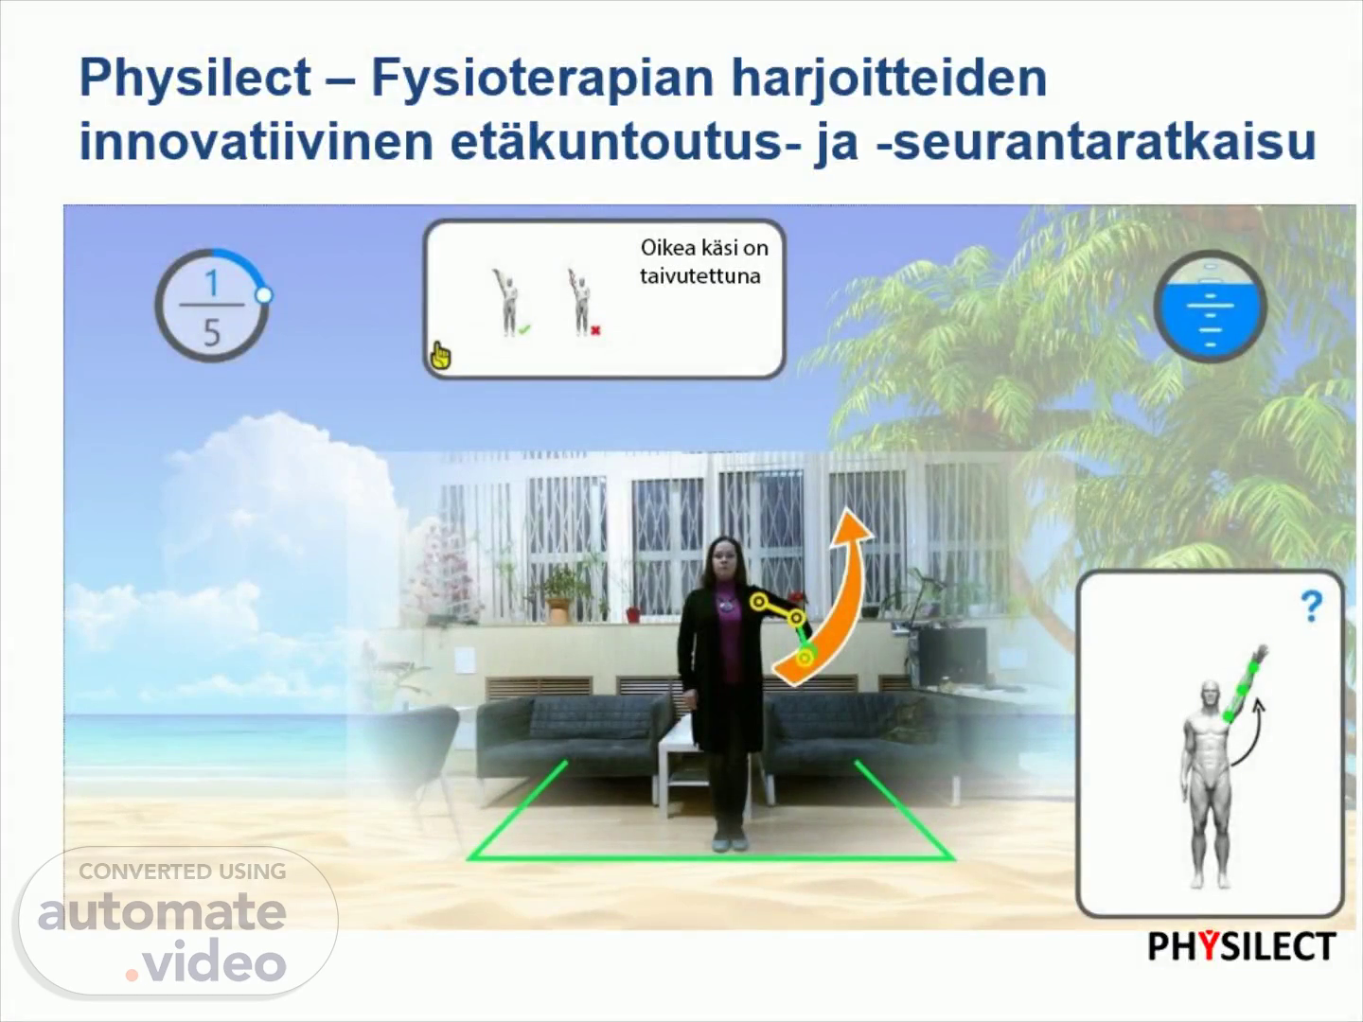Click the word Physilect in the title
pos(195,79)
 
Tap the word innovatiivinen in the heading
pos(256,142)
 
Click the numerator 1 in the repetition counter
pos(212,283)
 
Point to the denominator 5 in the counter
pos(212,332)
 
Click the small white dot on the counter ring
pos(264,295)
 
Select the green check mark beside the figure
pos(525,329)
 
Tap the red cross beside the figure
pos(595,331)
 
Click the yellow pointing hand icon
pos(440,356)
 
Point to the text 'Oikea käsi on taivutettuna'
pos(704,262)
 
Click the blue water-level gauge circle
pos(1211,307)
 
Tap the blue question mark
pos(1312,607)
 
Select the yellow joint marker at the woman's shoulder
pos(758,601)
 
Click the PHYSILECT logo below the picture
pos(1242,946)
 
